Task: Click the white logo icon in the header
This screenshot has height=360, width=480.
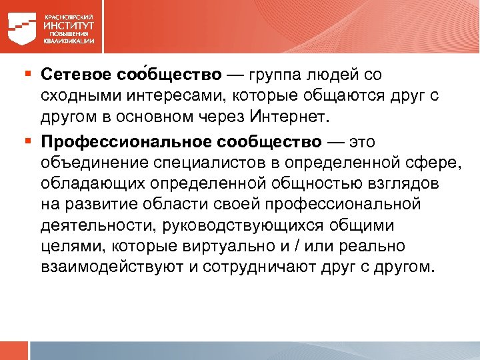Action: click(24, 27)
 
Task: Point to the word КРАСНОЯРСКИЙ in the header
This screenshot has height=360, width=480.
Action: click(69, 16)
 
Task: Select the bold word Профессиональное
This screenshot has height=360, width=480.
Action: click(125, 142)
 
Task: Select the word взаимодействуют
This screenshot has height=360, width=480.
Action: click(111, 269)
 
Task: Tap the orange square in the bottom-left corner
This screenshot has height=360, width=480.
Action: click(15, 351)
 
